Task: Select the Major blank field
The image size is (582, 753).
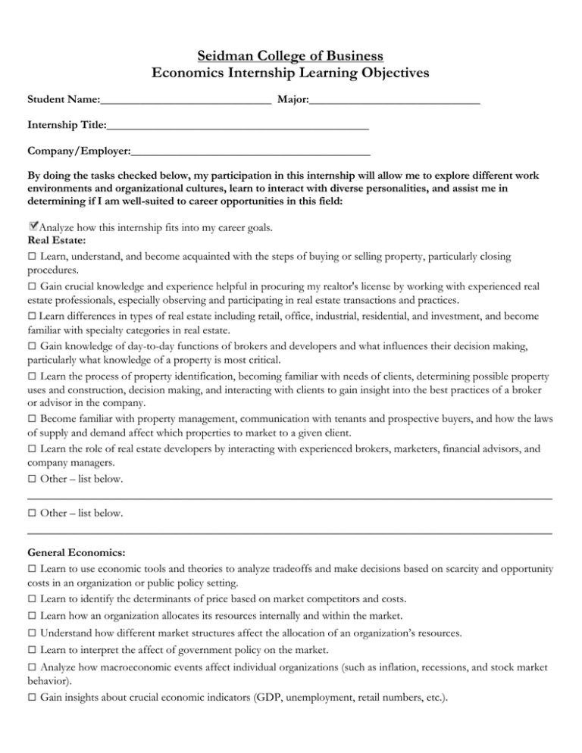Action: (394, 99)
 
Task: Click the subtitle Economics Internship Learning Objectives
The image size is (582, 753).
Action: (290, 73)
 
